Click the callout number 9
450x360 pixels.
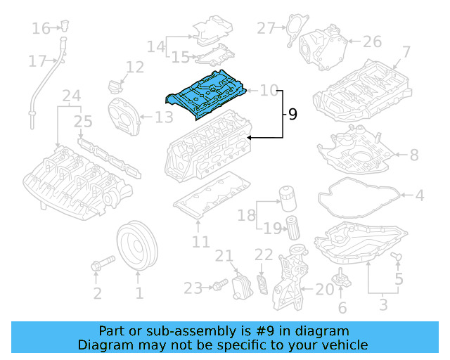coord(292,114)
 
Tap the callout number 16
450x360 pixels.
coord(41,29)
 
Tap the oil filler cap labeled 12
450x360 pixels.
coord(115,88)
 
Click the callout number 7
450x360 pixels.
coord(406,52)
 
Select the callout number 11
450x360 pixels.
coord(201,242)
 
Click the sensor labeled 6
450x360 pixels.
coord(344,276)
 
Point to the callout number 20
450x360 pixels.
coord(324,289)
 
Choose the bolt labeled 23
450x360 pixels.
coord(218,285)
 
